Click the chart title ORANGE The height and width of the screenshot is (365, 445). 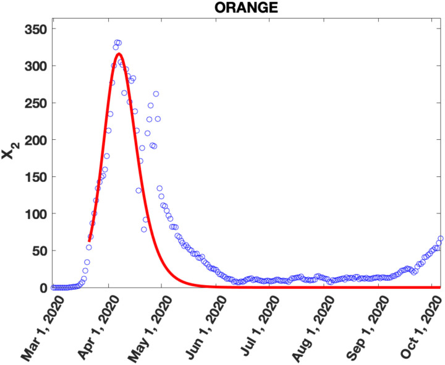point(246,7)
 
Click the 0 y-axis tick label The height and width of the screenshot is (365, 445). point(41,288)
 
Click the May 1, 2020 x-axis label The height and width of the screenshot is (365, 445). point(146,325)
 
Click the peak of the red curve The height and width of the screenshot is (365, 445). point(119,54)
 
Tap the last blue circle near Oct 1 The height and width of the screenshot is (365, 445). point(441,239)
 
